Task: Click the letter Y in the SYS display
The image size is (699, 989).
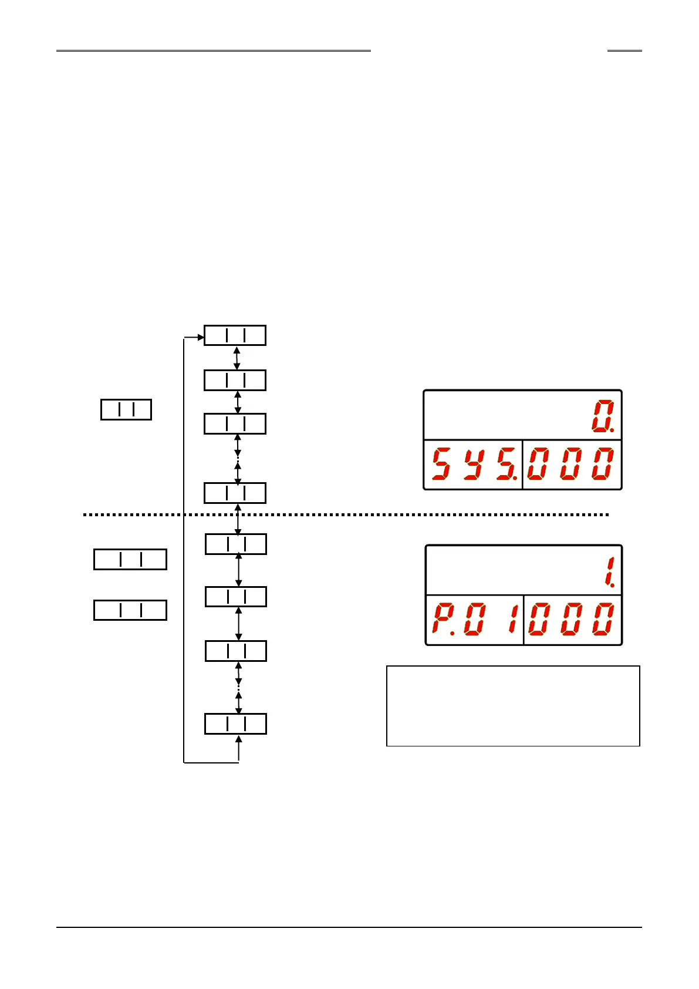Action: pyautogui.click(x=474, y=464)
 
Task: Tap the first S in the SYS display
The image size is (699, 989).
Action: pyautogui.click(x=442, y=464)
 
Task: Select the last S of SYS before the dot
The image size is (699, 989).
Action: pyautogui.click(x=505, y=464)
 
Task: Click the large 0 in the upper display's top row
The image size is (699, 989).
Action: pyautogui.click(x=602, y=416)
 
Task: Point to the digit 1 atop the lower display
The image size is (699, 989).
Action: pyautogui.click(x=609, y=572)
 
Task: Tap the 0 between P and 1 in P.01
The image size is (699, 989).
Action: pyautogui.click(x=474, y=619)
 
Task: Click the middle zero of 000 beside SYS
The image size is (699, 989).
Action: pyautogui.click(x=570, y=464)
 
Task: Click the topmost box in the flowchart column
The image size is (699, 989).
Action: pyautogui.click(x=235, y=335)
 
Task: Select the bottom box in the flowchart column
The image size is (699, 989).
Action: pyautogui.click(x=235, y=724)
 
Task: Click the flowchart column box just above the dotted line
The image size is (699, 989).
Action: pyautogui.click(x=235, y=493)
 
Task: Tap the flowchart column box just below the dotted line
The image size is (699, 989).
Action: pyautogui.click(x=235, y=544)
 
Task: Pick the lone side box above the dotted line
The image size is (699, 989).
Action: pyautogui.click(x=126, y=409)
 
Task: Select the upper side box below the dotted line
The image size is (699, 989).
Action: pyautogui.click(x=130, y=559)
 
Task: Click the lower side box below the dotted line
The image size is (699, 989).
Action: pyautogui.click(x=130, y=610)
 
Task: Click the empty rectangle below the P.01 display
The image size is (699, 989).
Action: pyautogui.click(x=513, y=706)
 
